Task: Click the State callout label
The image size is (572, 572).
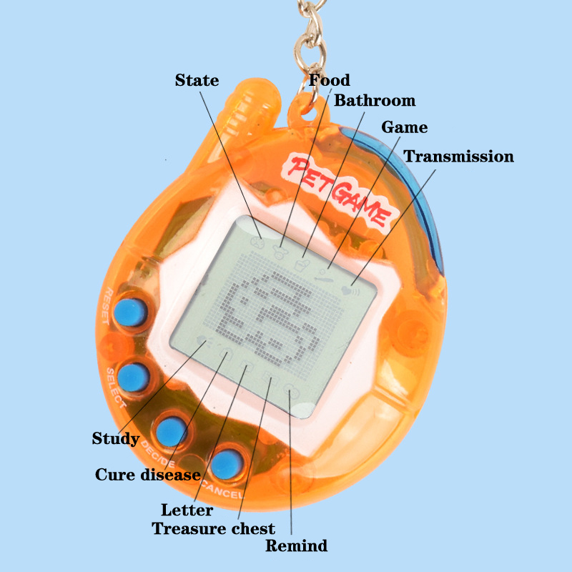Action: click(197, 80)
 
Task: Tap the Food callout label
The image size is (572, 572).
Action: click(330, 80)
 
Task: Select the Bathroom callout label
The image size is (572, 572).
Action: click(375, 100)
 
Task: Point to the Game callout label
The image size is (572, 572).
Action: click(404, 127)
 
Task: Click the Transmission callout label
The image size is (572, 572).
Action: click(458, 156)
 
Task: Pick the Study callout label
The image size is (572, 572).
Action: click(116, 438)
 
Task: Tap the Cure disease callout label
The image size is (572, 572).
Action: click(148, 474)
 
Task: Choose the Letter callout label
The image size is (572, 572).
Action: click(187, 510)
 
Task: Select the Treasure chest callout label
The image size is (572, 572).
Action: click(213, 528)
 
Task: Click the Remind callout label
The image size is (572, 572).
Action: click(296, 546)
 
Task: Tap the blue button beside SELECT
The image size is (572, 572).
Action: click(133, 378)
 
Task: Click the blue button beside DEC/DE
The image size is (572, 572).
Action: click(172, 433)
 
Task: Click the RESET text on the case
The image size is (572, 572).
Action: click(106, 306)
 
